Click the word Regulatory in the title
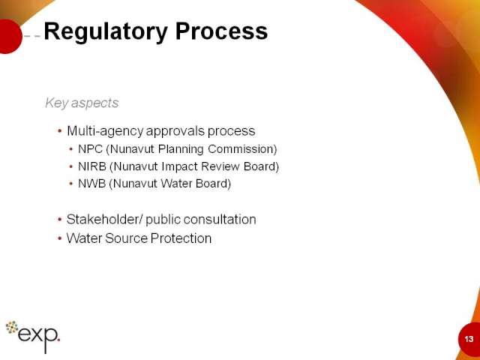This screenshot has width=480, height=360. coord(106,31)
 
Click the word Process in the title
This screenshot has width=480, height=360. coord(221,31)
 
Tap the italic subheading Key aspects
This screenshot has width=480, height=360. coord(82,103)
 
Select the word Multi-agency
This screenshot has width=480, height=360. coord(105,131)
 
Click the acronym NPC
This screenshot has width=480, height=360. coord(90,149)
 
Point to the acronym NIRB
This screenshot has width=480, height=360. coord(92,166)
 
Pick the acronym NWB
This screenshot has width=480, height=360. coord(92,184)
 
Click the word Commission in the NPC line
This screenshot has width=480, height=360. coord(242,149)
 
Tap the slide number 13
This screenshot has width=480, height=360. coord(469,339)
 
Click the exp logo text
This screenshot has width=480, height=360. coord(38,337)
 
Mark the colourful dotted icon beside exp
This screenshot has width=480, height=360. coord(12,327)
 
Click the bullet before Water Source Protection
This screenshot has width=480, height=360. coord(59,238)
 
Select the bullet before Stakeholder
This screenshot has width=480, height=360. coord(59,220)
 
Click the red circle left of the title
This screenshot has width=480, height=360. coord(10,37)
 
